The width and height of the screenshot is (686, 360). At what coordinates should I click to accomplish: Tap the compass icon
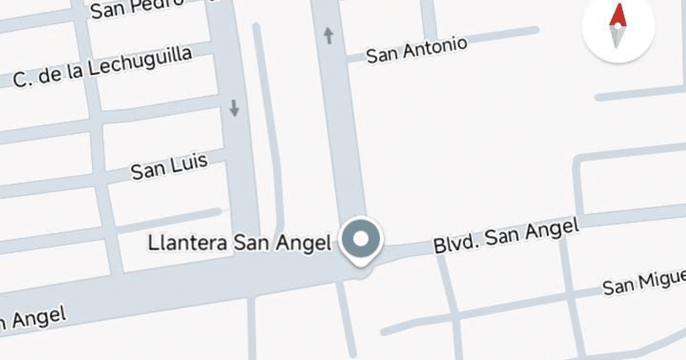pos(617,27)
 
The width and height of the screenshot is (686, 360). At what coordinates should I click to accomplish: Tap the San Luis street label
pos(169,166)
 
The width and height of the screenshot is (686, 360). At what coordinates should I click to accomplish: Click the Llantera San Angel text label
pos(240,243)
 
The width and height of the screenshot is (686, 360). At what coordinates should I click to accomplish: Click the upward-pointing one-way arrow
pos(329,35)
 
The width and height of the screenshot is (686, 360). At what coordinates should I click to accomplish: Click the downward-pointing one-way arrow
pos(234,107)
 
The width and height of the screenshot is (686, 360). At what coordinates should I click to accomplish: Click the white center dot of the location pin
pos(361,238)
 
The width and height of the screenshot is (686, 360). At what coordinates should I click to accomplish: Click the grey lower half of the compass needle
pos(616,37)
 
